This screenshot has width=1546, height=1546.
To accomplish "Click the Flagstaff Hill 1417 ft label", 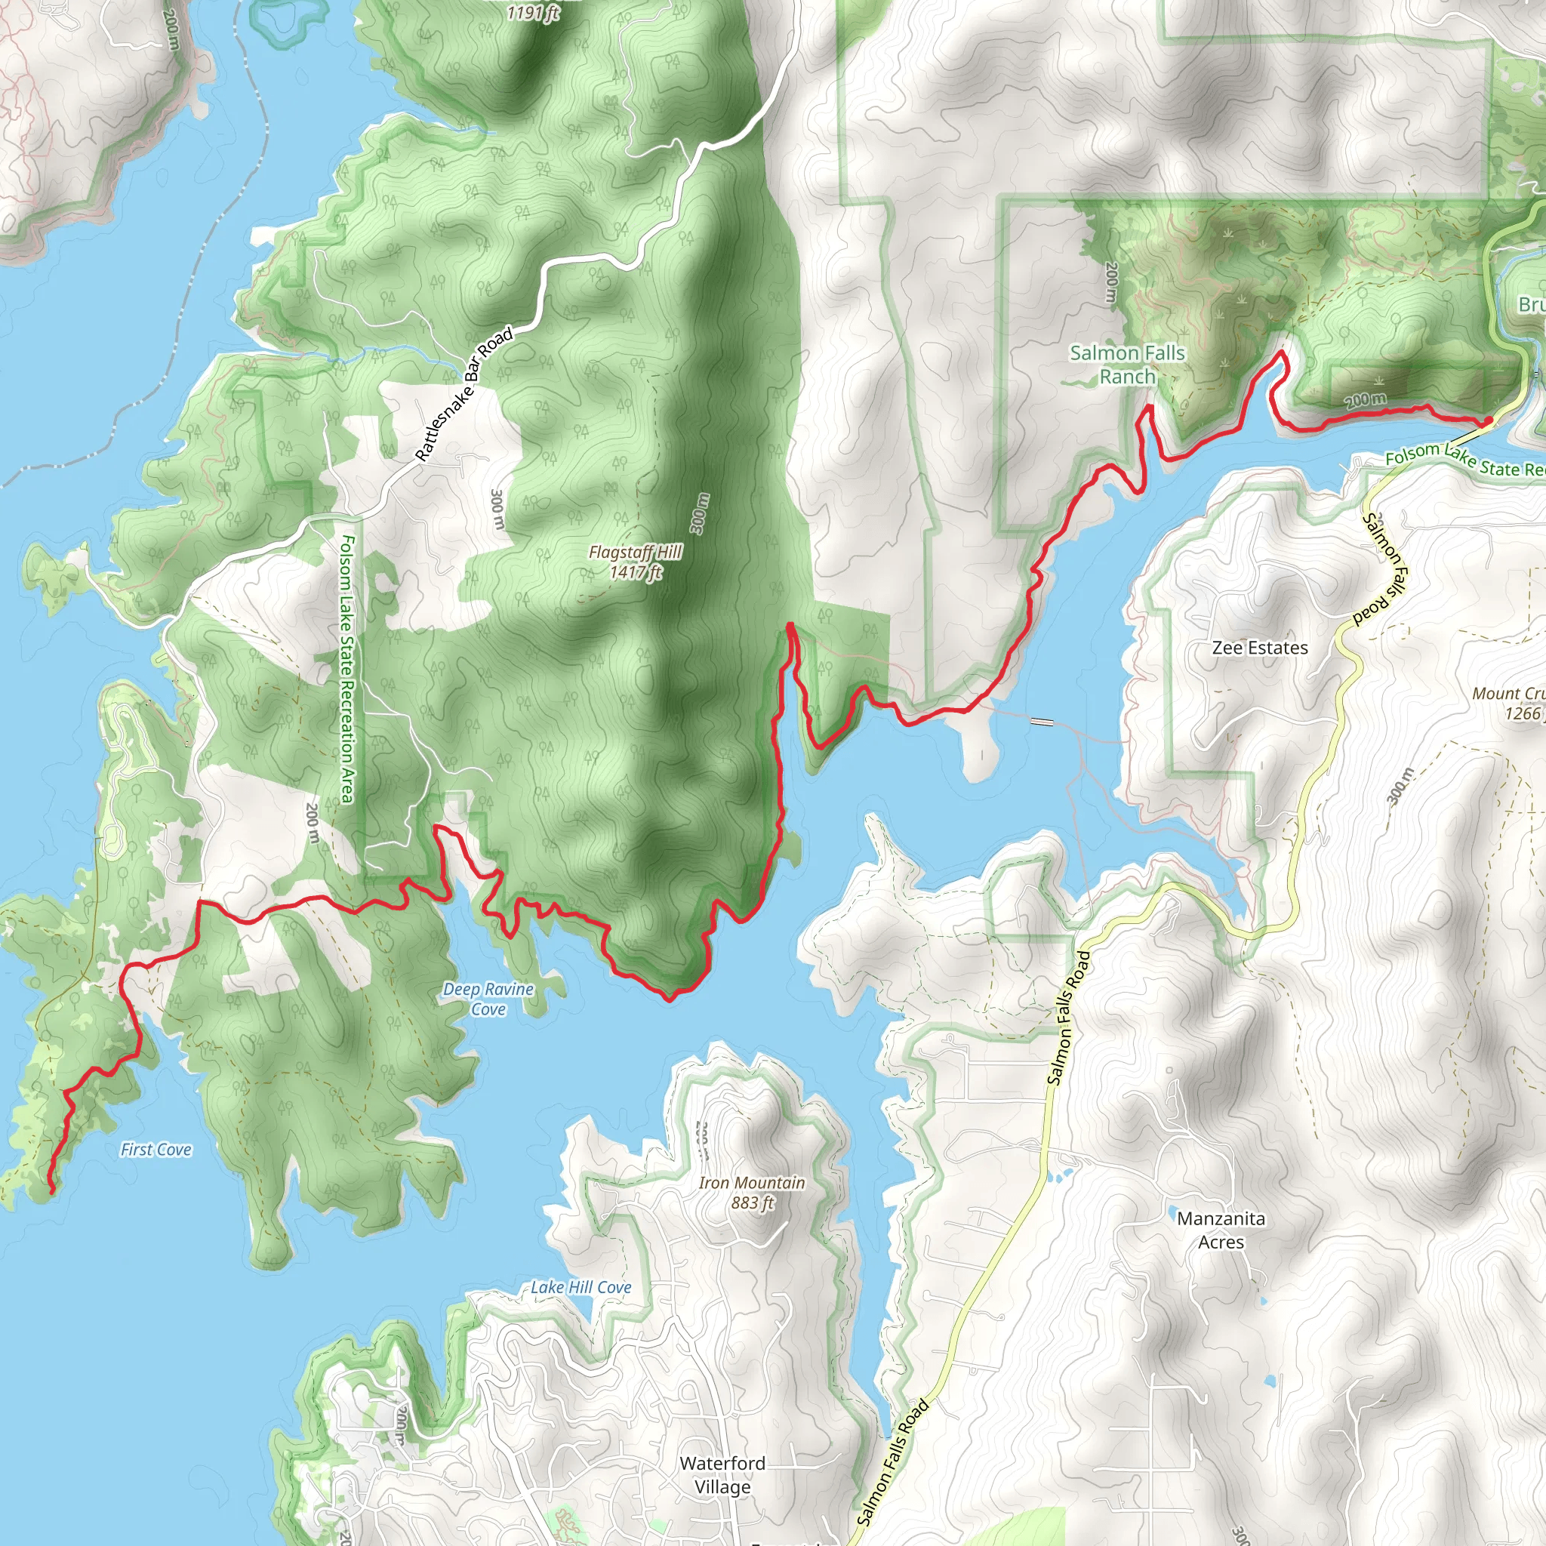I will [636, 562].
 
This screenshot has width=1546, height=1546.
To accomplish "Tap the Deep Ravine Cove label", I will [488, 999].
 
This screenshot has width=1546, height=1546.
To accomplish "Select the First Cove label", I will [156, 1150].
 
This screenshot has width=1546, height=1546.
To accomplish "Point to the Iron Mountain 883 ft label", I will [751, 1192].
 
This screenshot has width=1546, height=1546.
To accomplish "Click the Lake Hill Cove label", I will [581, 1288].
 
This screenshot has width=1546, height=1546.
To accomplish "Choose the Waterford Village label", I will [722, 1475].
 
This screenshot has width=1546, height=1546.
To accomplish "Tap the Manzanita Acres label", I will [1221, 1230].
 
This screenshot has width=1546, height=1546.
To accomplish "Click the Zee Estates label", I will [1260, 648].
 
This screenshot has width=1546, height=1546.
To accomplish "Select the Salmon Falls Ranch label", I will [1127, 364].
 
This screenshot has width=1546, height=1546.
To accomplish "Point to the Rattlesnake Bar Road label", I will [464, 396].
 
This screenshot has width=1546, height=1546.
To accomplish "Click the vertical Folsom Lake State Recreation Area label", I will [346, 669].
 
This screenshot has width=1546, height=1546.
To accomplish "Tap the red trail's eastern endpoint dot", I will [1488, 421].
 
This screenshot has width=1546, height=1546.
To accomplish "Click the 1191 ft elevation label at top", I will [533, 12].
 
